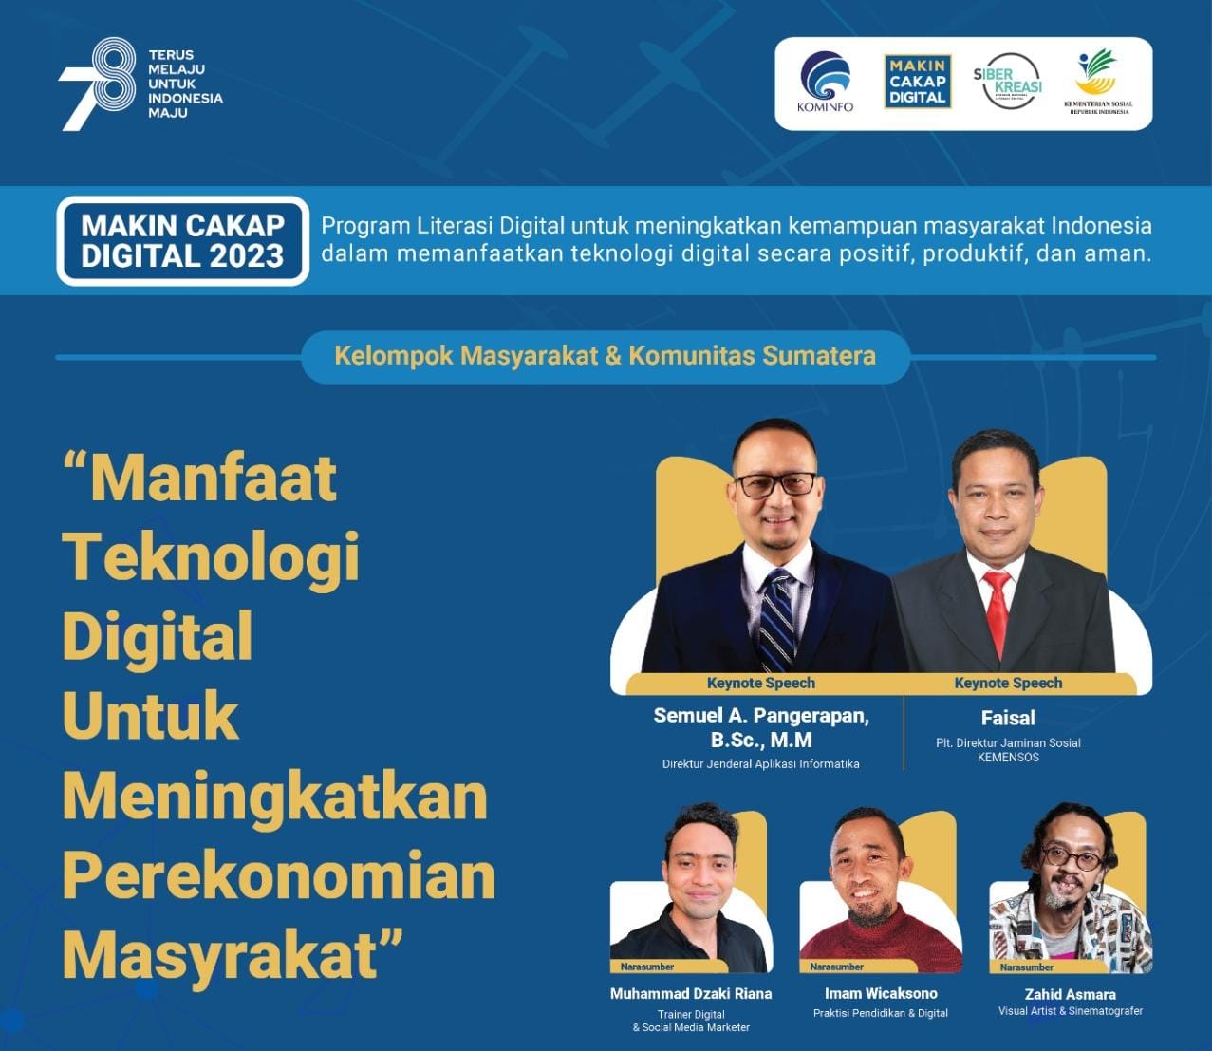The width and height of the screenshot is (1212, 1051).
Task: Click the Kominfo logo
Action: (826, 82)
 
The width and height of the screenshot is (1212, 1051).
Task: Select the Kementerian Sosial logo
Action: (1098, 82)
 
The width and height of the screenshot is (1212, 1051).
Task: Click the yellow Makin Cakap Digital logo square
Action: (918, 82)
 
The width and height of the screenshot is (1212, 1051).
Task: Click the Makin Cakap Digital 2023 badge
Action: (183, 241)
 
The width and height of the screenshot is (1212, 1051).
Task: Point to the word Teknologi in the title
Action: (211, 557)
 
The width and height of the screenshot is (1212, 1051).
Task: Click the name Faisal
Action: (1008, 718)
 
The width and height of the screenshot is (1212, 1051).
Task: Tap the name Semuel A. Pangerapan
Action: (761, 716)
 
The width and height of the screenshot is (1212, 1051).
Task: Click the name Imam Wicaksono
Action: (881, 993)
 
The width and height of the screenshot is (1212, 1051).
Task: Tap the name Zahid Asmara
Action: (1070, 994)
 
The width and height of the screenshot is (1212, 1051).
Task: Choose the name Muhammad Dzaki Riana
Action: (691, 993)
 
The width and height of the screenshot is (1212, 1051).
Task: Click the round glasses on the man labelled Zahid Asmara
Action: (1072, 858)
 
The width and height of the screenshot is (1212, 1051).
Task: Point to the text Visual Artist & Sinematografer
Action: (1071, 1011)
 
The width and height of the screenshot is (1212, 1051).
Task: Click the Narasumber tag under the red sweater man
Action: (837, 967)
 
